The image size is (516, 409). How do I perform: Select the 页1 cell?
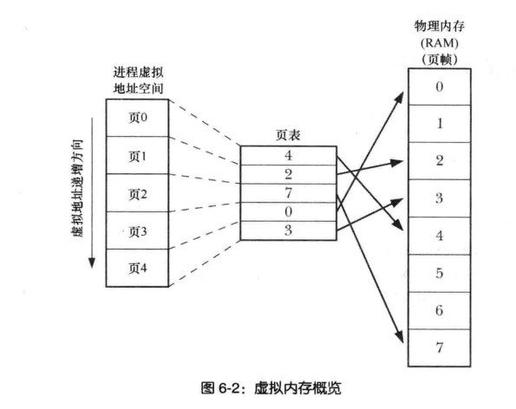point(138,155)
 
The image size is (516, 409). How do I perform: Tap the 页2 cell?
point(138,192)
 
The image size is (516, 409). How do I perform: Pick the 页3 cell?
point(138,230)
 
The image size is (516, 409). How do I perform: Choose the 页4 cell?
point(138,268)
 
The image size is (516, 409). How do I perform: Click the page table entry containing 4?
point(287,156)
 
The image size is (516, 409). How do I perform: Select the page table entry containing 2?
point(287,174)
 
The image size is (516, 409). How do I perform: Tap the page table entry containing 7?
point(287,192)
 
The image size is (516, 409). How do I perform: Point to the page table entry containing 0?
point(287,211)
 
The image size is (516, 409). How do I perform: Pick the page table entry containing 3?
point(287,230)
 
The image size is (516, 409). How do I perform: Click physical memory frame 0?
point(440,88)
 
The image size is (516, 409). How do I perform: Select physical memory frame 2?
point(440,160)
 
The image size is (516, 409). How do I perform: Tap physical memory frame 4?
point(440,235)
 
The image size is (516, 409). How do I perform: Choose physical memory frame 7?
point(440,346)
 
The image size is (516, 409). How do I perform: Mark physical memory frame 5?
point(440,272)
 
